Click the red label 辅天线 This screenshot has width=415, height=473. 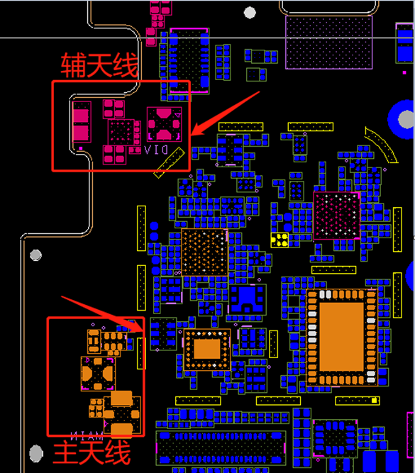(x=99, y=65)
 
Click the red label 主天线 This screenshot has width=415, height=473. (x=92, y=452)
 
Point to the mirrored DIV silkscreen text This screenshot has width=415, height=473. (x=156, y=150)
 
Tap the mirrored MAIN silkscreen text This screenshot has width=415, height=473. (x=87, y=436)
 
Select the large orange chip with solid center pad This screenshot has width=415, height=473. (x=342, y=337)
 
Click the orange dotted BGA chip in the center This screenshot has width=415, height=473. (x=204, y=252)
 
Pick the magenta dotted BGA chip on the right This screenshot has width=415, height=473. (x=336, y=216)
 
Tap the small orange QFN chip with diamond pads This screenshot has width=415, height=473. (x=206, y=350)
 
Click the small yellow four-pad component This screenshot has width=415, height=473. (x=280, y=240)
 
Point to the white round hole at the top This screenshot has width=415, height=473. (x=250, y=13)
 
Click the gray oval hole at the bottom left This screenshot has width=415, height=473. (x=36, y=453)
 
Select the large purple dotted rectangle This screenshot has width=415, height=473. (x=328, y=43)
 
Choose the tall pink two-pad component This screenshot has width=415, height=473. (x=81, y=122)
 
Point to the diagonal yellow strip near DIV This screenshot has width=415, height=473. (x=169, y=162)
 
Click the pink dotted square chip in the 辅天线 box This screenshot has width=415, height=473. (x=121, y=132)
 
